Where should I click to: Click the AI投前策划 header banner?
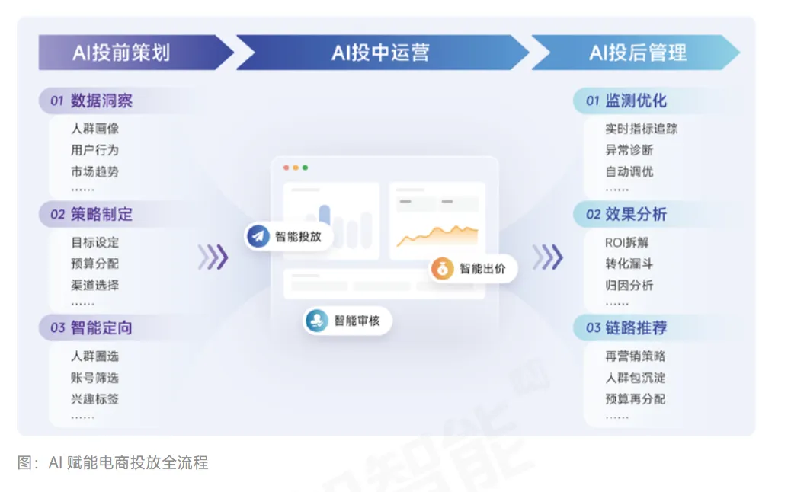122,53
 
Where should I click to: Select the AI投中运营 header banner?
380,53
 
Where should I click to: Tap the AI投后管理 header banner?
637,53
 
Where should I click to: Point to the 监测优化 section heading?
636,101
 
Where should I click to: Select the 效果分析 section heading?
636,214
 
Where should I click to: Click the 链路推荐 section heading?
636,328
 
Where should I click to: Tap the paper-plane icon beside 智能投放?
258,236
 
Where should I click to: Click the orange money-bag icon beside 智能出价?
442,268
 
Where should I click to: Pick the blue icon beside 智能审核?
317,321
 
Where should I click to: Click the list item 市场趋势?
95,171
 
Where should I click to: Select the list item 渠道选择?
95,286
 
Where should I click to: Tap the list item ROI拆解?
627,243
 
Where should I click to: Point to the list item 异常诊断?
629,150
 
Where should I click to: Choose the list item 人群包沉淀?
636,378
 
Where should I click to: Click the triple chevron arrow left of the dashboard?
213,257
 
